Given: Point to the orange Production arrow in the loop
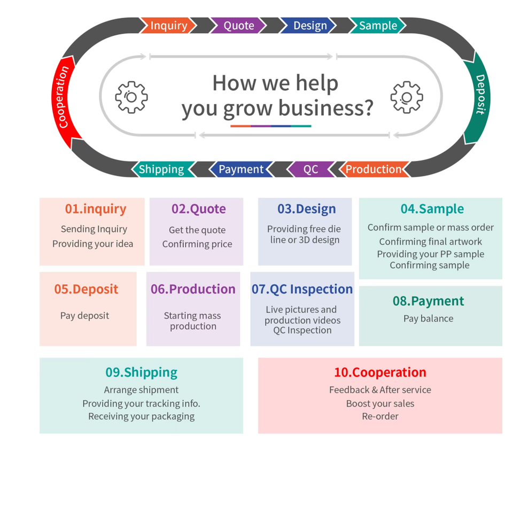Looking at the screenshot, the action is [374, 169].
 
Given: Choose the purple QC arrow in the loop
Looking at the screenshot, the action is [310, 169].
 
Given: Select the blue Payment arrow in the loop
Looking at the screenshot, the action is [240, 169].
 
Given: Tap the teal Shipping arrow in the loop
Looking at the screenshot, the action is [161, 169].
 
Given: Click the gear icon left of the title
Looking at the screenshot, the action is [131, 97].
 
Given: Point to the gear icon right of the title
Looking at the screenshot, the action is [407, 97].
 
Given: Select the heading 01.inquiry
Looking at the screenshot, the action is [96, 209].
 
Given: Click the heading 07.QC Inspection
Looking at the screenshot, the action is [302, 289].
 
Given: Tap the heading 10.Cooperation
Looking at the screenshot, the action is [380, 372].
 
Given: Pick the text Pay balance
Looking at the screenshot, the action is [428, 318].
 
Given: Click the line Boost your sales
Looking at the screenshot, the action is [380, 403].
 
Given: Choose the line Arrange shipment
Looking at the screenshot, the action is [141, 390].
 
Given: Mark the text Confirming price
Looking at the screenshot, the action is [197, 244].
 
